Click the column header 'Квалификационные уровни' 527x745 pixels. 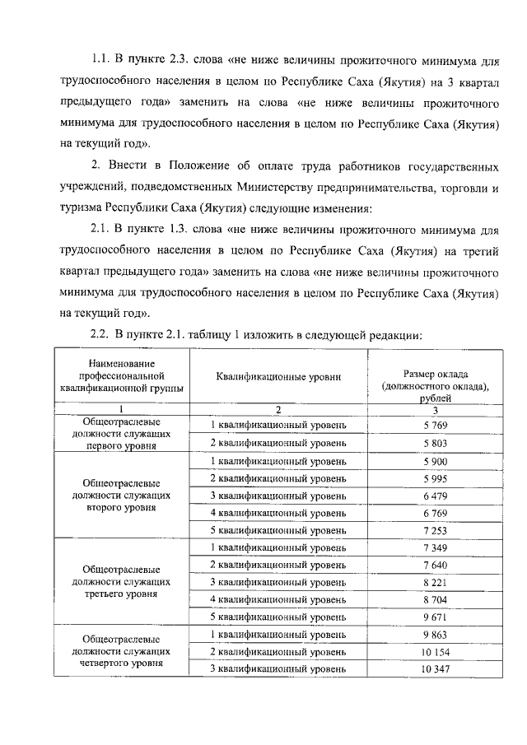pyautogui.click(x=278, y=378)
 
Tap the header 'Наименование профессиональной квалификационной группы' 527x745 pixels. pyautogui.click(x=121, y=376)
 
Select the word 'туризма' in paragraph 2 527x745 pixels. pyautogui.click(x=81, y=205)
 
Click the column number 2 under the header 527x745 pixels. pyautogui.click(x=278, y=409)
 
